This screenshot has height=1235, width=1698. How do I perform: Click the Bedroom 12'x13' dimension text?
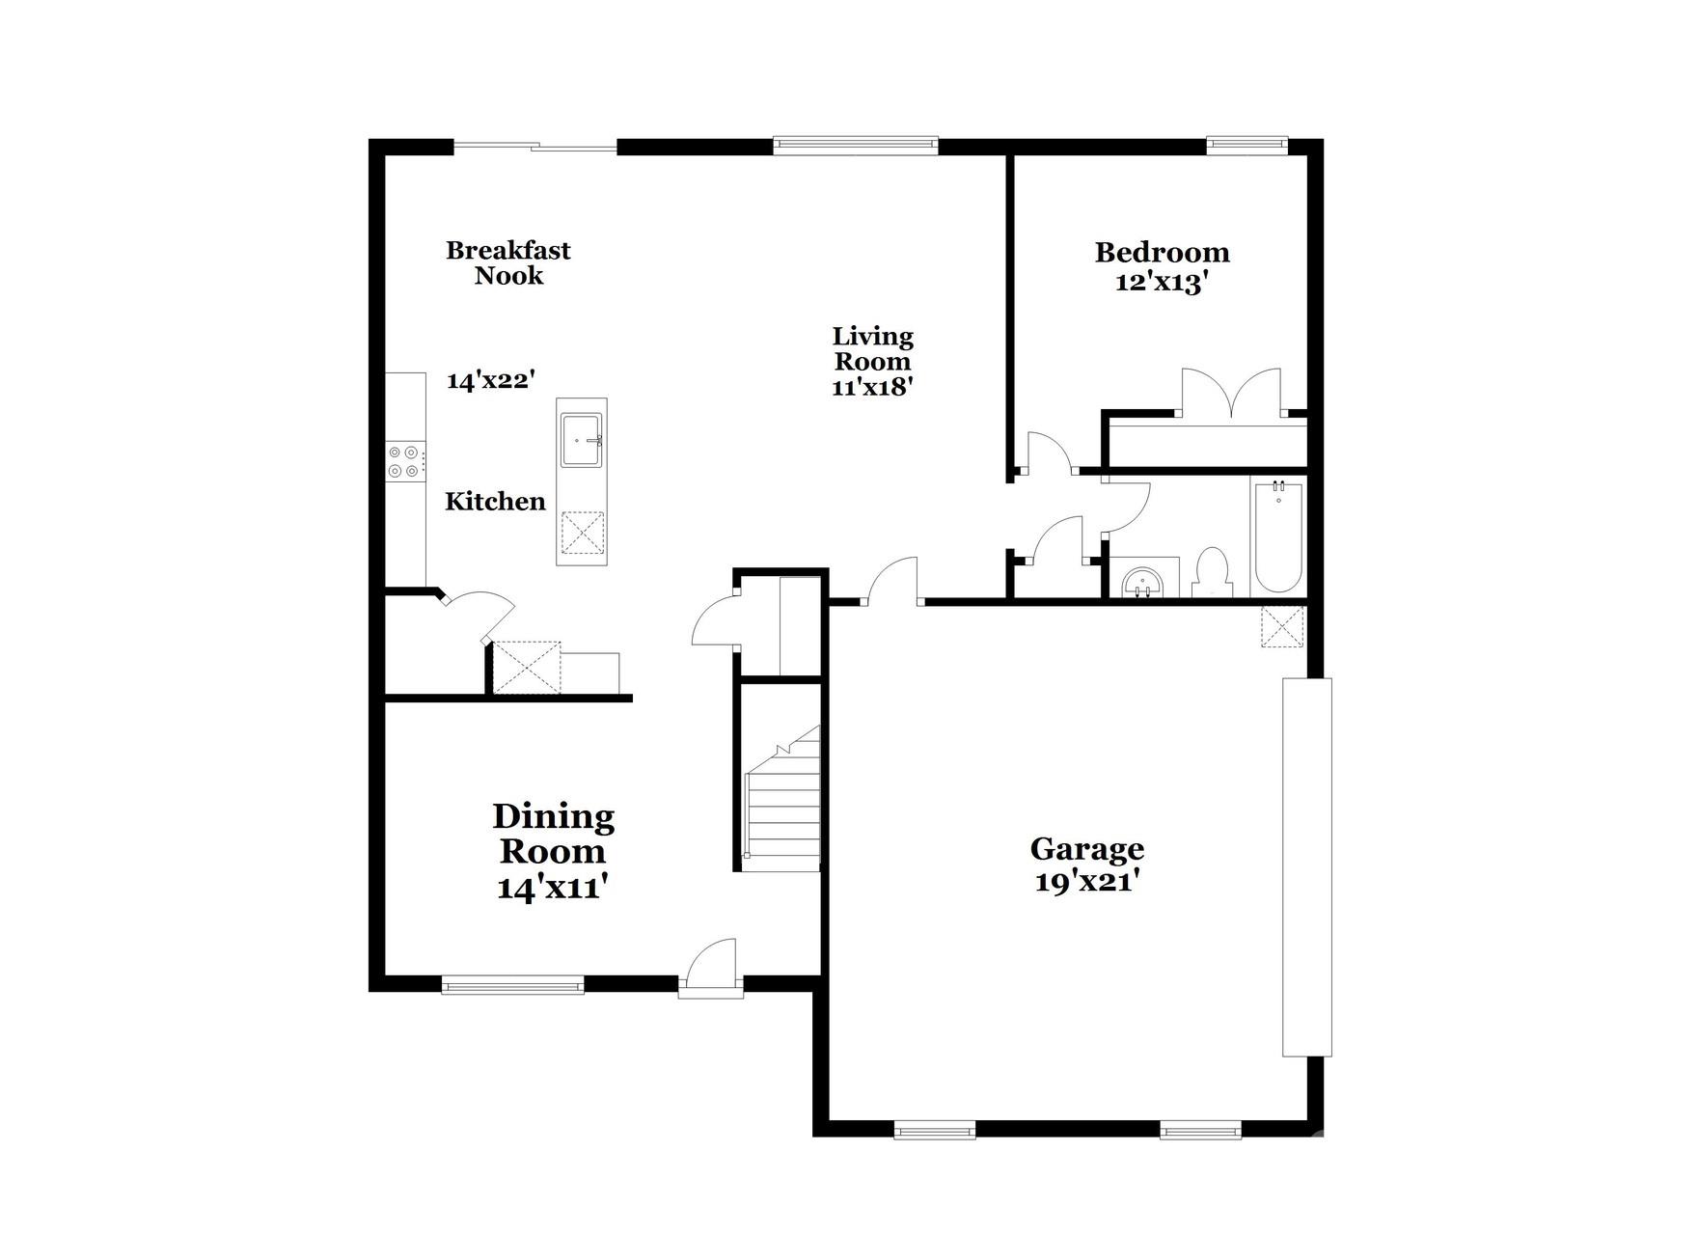click(1161, 284)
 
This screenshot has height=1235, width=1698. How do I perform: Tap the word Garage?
click(1087, 849)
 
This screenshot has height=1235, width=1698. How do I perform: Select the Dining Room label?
click(553, 834)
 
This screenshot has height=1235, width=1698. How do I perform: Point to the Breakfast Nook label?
click(508, 263)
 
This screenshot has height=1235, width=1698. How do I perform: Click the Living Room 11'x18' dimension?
click(872, 387)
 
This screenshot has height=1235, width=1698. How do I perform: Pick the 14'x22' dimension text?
click(490, 380)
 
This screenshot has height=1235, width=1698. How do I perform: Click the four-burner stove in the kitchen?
click(404, 461)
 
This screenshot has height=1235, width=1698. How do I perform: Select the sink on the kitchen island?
click(581, 440)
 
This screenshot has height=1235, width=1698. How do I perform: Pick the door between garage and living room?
click(892, 583)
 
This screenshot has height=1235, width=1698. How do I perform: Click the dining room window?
click(512, 985)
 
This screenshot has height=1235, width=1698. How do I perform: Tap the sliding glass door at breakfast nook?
click(534, 147)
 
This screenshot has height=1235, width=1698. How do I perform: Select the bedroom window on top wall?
click(1246, 146)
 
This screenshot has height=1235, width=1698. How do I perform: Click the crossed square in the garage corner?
click(1282, 626)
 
